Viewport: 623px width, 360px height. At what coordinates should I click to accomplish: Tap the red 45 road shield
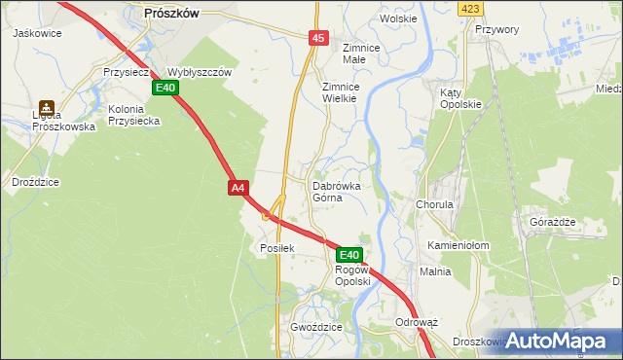point(319,37)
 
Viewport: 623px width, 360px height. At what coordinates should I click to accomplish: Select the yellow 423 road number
point(471,9)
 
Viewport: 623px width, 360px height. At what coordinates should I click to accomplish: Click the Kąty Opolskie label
point(460,97)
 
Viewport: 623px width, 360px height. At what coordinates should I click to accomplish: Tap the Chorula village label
point(434,205)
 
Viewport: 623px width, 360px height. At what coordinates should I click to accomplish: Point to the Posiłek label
point(277,247)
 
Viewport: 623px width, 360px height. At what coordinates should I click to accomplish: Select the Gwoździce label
point(315,328)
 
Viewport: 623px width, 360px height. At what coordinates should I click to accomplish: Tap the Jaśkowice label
point(37,32)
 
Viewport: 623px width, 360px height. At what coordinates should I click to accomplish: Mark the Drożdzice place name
point(37,182)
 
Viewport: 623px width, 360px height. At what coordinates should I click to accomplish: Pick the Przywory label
point(496,29)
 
